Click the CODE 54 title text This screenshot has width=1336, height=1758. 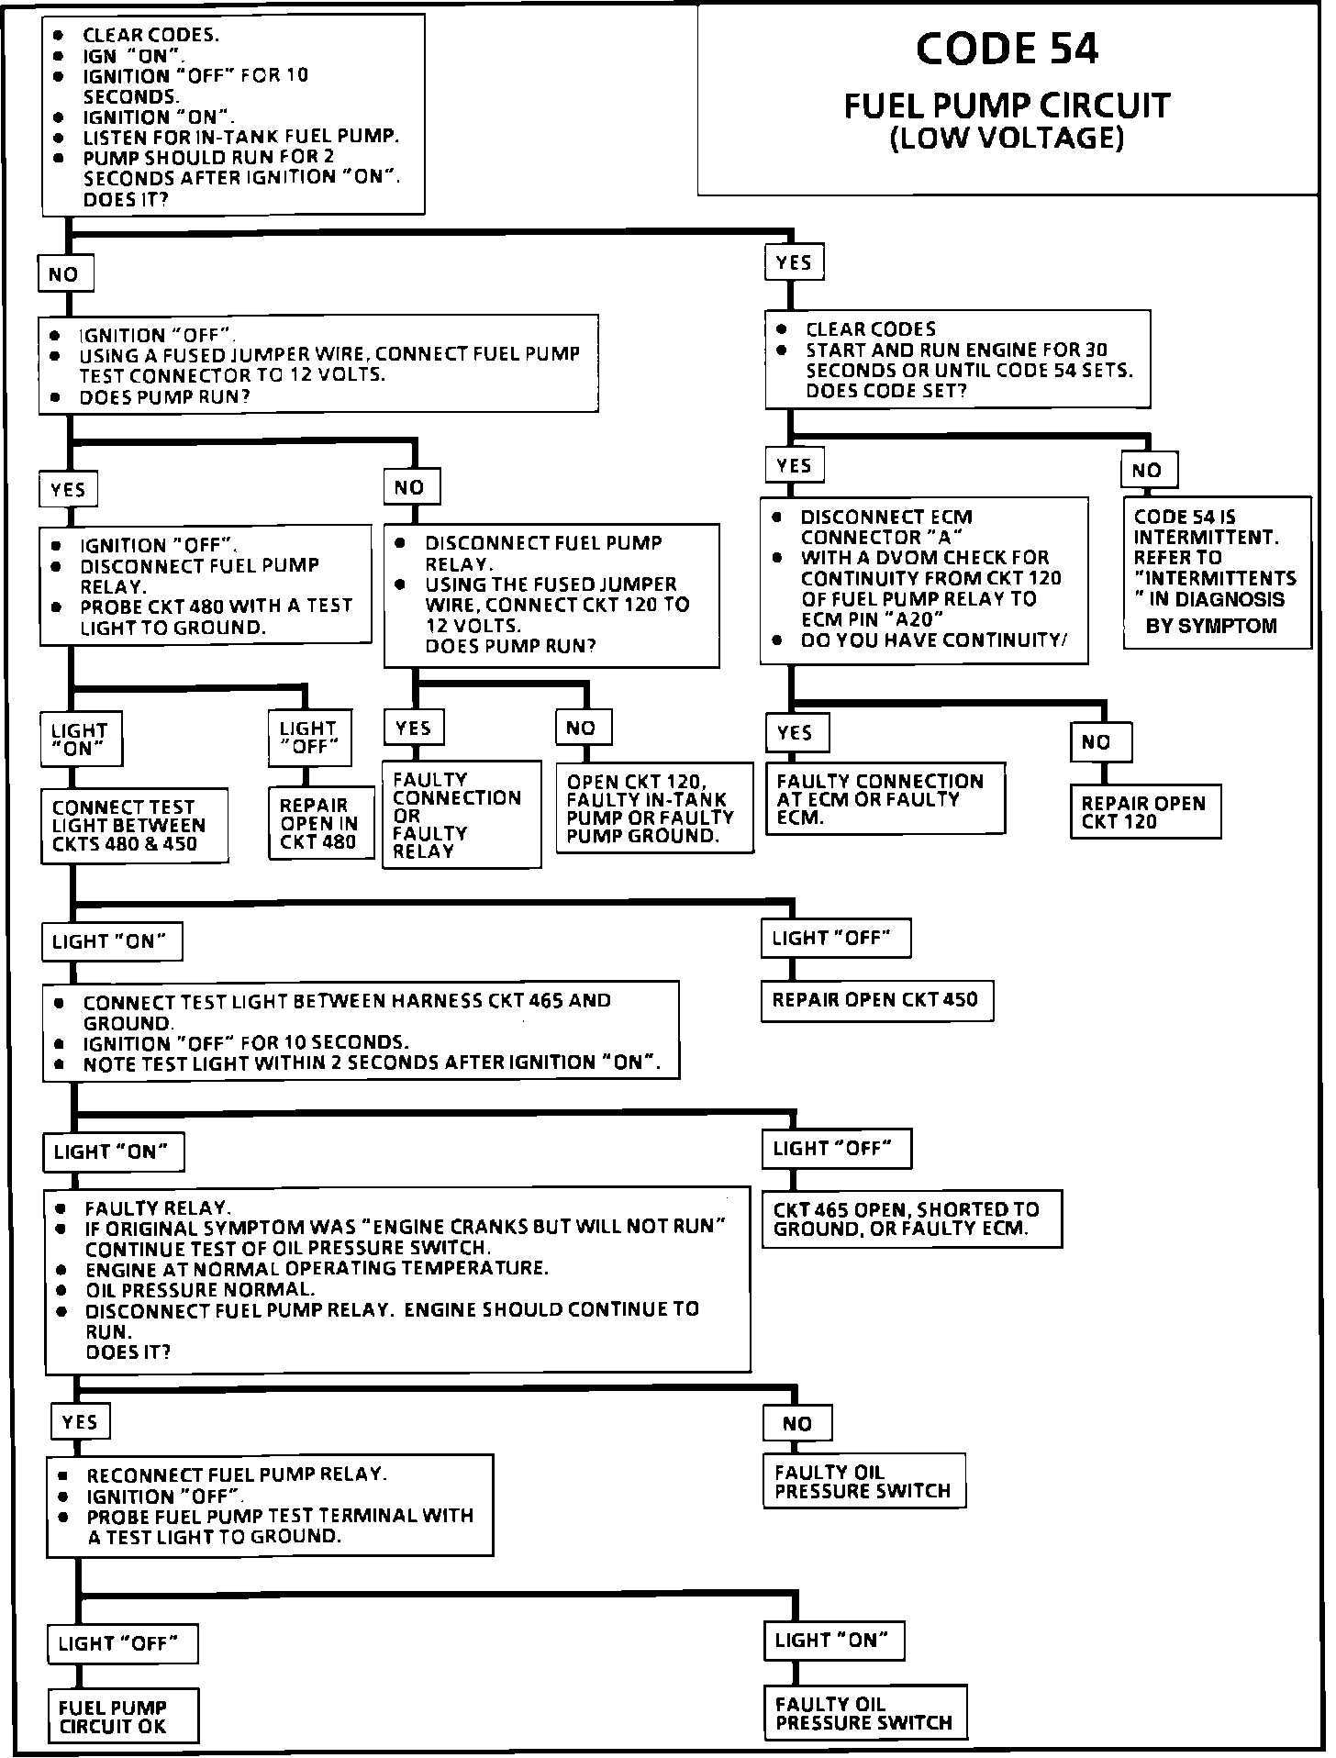(x=1007, y=50)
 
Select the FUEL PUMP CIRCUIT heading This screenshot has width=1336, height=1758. (x=1007, y=106)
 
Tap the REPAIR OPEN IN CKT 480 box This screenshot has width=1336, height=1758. (x=319, y=823)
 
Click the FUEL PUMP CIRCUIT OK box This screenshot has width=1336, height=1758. (x=121, y=1716)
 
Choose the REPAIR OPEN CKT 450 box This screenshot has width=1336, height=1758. (x=876, y=999)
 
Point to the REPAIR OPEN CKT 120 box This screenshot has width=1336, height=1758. (x=1144, y=811)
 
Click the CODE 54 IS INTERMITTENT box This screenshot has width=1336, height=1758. (x=1217, y=572)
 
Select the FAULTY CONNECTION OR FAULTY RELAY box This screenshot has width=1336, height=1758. (x=461, y=814)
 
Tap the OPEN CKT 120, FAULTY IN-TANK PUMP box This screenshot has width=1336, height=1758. (x=653, y=807)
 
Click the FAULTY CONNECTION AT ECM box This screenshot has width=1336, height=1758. (x=885, y=797)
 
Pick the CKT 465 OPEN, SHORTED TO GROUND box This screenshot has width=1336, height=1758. (x=911, y=1218)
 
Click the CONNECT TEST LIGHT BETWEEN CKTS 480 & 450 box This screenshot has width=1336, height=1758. (x=133, y=825)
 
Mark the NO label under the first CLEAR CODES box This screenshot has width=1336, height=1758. (x=64, y=274)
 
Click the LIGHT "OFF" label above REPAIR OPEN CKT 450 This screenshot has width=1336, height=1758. (x=835, y=938)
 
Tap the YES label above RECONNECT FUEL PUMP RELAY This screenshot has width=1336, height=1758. (x=80, y=1421)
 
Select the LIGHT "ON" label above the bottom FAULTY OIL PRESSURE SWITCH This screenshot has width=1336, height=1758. (x=833, y=1640)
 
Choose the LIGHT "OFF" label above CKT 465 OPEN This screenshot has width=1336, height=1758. (x=836, y=1148)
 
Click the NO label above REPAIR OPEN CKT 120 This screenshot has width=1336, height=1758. (x=1099, y=741)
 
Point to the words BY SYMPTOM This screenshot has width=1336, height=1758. (x=1211, y=626)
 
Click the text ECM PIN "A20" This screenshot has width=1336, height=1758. (x=872, y=619)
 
